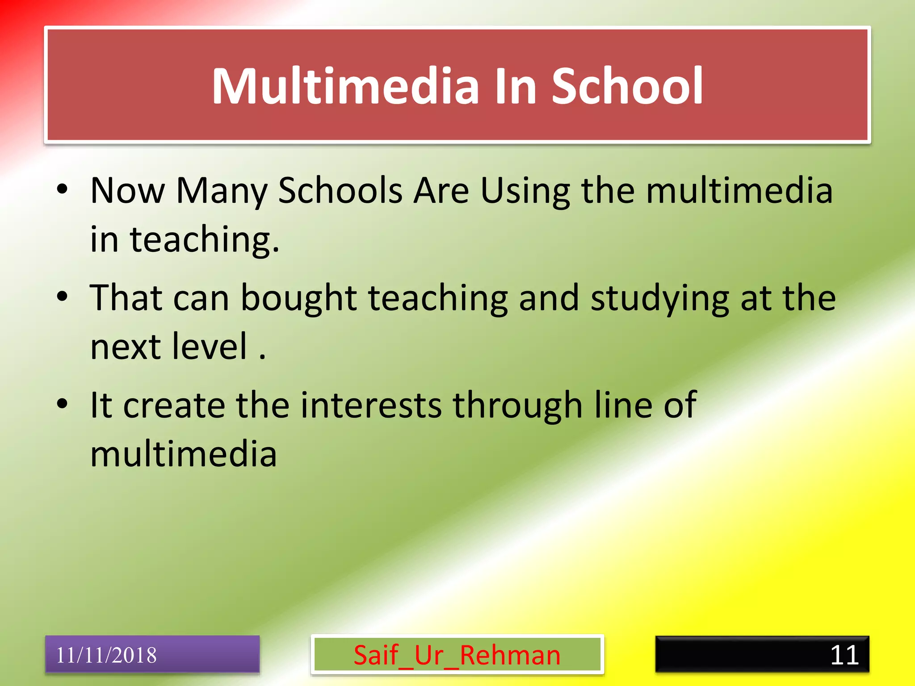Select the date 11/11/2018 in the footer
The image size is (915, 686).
click(x=106, y=655)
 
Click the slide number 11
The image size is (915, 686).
click(x=844, y=655)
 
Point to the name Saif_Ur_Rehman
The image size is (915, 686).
click(x=457, y=655)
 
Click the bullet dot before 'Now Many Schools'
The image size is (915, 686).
click(x=62, y=189)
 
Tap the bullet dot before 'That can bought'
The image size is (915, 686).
click(x=62, y=296)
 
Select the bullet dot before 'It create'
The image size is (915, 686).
click(x=62, y=404)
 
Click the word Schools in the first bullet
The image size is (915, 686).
click(x=340, y=191)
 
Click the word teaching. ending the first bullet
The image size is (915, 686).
click(x=204, y=240)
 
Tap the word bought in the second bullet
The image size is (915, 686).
click(x=298, y=298)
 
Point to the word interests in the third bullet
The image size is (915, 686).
click(x=371, y=405)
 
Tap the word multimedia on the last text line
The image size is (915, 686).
click(x=183, y=454)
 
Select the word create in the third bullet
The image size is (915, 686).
click(x=174, y=405)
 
